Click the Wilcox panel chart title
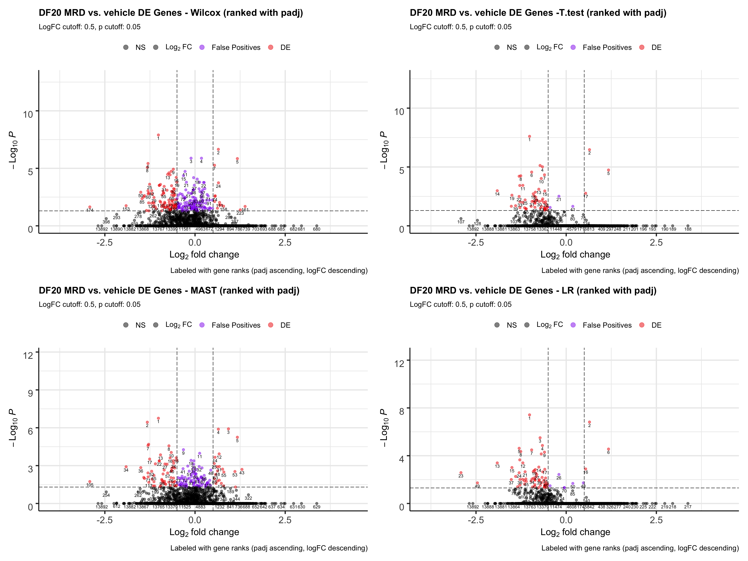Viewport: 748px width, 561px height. click(x=171, y=13)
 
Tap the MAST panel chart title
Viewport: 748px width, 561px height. click(x=169, y=290)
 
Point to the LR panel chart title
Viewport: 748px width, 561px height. click(x=533, y=290)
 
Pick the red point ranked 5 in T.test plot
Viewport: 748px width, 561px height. click(x=608, y=170)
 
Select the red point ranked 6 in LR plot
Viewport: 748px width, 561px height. click(x=608, y=449)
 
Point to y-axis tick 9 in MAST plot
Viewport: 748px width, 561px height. click(x=30, y=393)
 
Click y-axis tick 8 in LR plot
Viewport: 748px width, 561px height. click(x=401, y=411)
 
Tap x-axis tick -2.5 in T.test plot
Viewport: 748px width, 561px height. click(x=476, y=243)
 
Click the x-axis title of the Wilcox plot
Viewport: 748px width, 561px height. click(x=204, y=255)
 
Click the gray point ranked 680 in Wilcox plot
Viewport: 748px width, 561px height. click(x=317, y=226)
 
